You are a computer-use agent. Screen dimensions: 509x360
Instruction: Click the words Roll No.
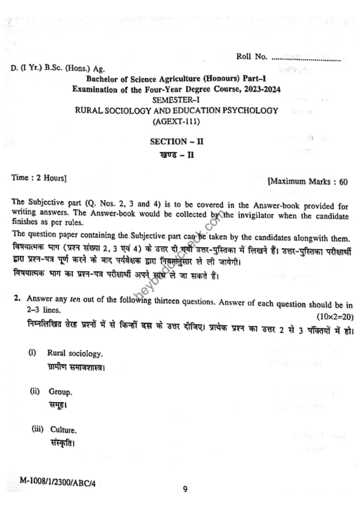[252, 57]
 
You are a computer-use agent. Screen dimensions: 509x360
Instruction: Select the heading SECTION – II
[177, 141]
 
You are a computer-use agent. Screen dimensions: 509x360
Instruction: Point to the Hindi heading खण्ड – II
[178, 155]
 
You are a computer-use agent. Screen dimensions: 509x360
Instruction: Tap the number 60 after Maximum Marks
[343, 182]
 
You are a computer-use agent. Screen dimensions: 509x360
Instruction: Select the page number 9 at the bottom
[185, 490]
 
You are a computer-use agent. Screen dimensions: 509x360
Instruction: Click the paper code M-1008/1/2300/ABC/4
[58, 481]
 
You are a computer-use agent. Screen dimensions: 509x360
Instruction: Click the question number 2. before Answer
[17, 299]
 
